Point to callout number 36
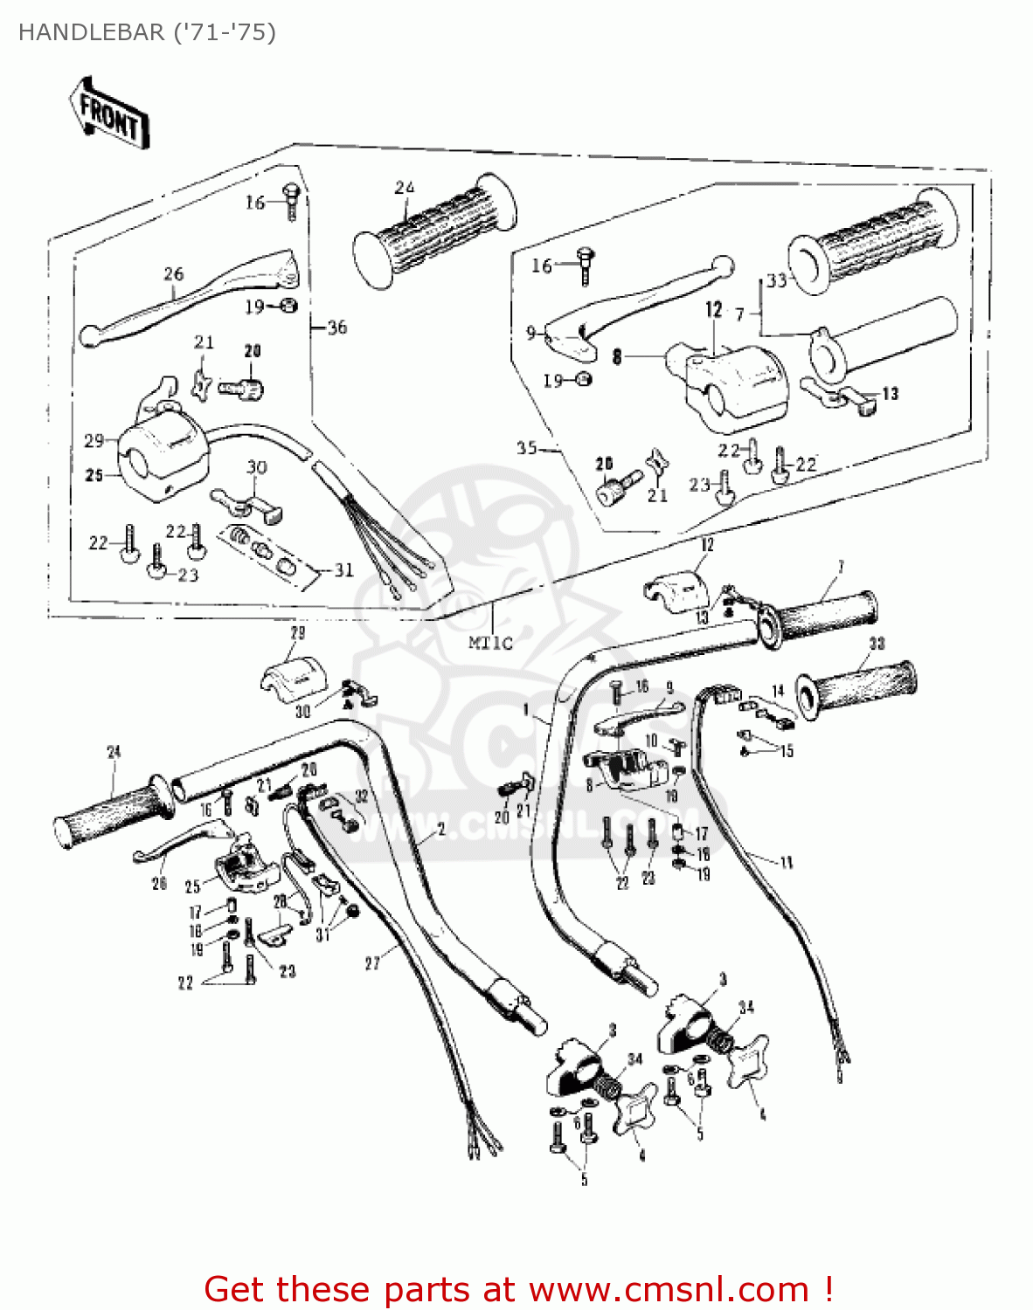click(x=336, y=327)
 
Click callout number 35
click(x=526, y=448)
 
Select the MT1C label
click(x=489, y=644)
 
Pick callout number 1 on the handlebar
click(x=526, y=710)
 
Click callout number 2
click(x=440, y=830)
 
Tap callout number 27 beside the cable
click(x=372, y=963)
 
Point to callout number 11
click(x=787, y=863)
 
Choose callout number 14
click(x=778, y=692)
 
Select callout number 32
click(x=361, y=796)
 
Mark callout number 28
click(x=280, y=900)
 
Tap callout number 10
click(x=651, y=741)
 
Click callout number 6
click(x=690, y=1079)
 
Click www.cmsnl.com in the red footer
click(x=669, y=1289)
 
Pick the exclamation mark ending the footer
click(x=827, y=1289)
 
